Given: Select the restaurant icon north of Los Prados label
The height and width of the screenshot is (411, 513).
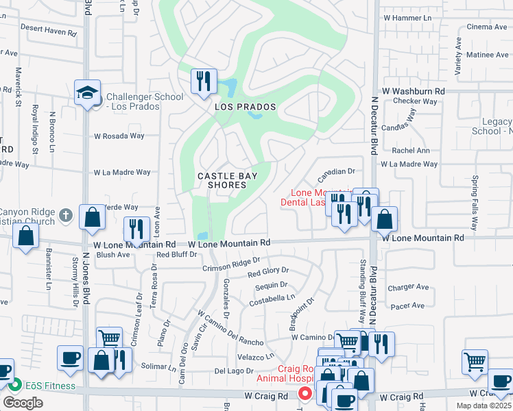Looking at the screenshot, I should pos(203,81).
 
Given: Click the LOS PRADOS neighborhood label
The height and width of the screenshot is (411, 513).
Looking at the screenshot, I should pos(245,108).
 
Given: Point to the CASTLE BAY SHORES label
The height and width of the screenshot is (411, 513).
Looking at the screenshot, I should pos(222,181).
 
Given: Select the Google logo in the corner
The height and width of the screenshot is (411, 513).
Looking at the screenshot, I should pos(23,403).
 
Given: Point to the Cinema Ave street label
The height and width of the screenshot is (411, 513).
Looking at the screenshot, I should pos(486,27).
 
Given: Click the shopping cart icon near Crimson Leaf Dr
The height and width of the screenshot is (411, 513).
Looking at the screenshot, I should pos(109,338).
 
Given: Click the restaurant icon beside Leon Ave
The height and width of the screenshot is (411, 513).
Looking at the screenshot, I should pos(136,228).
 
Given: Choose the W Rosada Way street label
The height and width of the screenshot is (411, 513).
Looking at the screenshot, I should pos(119,136).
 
